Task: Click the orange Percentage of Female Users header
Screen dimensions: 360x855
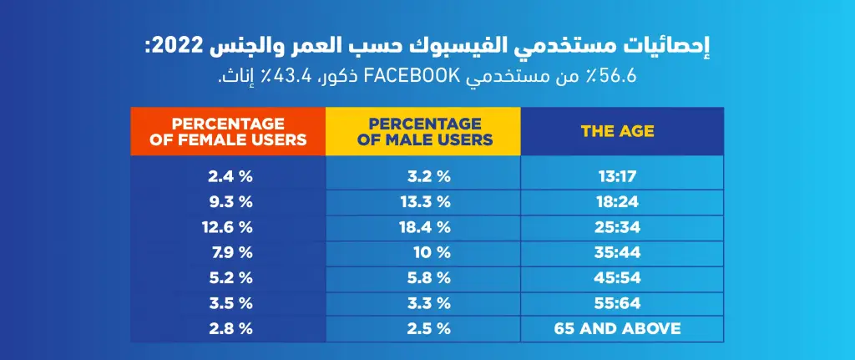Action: (228, 131)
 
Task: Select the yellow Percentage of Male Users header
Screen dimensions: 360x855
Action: (423, 131)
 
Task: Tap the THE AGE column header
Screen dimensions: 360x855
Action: (618, 131)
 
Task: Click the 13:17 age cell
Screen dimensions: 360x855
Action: (618, 177)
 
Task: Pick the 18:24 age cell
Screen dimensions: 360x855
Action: (618, 202)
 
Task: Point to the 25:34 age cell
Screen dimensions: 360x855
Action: (618, 227)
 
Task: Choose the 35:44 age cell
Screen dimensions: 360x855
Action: (618, 252)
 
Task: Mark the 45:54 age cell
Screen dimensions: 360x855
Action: (618, 277)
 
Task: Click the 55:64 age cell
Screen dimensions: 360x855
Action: (618, 302)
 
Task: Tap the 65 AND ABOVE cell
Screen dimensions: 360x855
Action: (618, 327)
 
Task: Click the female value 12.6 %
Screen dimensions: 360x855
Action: (227, 227)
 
